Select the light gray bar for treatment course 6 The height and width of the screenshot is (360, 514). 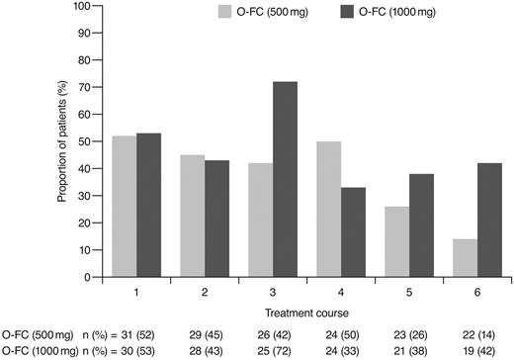tap(445, 254)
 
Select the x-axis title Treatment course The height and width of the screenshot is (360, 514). tap(295, 314)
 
